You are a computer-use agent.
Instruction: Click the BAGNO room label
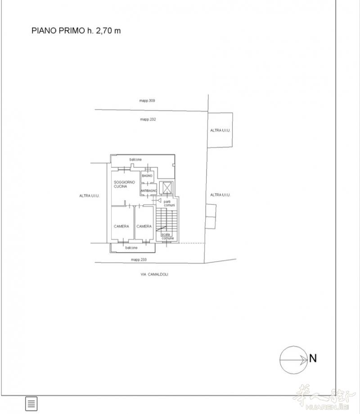click(x=147, y=176)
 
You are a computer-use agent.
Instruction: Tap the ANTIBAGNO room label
click(x=149, y=191)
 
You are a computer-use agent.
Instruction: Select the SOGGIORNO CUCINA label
click(x=124, y=184)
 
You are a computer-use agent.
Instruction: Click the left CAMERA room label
click(x=121, y=226)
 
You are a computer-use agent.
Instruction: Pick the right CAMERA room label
click(x=144, y=226)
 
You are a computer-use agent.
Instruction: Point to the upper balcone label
click(x=135, y=160)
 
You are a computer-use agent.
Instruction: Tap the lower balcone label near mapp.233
click(x=131, y=248)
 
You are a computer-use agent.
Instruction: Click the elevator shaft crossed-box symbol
click(x=167, y=188)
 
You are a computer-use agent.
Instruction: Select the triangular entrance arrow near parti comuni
click(x=159, y=200)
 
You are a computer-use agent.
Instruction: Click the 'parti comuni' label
click(x=169, y=203)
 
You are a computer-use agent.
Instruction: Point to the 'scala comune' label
click(x=167, y=236)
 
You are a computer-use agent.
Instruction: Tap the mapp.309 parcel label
click(x=147, y=101)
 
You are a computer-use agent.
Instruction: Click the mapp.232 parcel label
click(x=148, y=119)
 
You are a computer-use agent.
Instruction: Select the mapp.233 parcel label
click(x=139, y=259)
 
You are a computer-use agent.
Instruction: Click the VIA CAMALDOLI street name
click(x=154, y=274)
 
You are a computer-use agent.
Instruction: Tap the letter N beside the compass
click(x=313, y=358)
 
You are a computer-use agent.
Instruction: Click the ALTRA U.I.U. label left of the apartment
click(x=90, y=196)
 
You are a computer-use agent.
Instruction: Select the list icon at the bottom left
click(x=31, y=404)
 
